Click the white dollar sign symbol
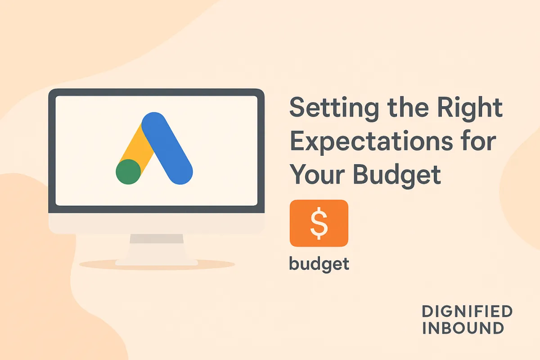(319, 224)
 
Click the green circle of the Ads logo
(128, 171)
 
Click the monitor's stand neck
(156, 246)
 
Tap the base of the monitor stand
(156, 261)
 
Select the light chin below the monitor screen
(156, 223)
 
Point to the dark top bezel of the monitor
(156, 92)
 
